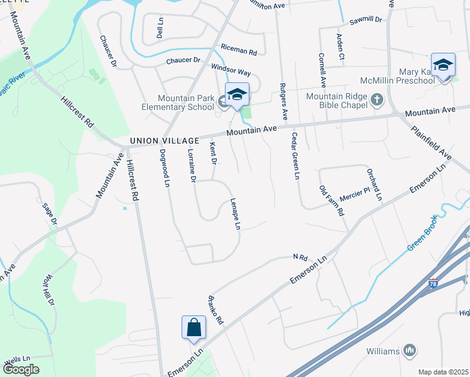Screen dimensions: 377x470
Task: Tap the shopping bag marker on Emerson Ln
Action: (x=194, y=328)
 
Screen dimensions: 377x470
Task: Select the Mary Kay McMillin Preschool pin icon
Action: (x=444, y=66)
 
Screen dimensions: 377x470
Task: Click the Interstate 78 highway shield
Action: (x=433, y=284)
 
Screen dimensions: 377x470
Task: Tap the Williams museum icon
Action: (x=410, y=350)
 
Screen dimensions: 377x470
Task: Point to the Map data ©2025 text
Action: (x=443, y=372)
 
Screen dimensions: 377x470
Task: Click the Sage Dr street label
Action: (x=50, y=214)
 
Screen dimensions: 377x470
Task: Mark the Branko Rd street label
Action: (x=215, y=309)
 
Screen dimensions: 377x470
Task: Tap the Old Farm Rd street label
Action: (x=331, y=200)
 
